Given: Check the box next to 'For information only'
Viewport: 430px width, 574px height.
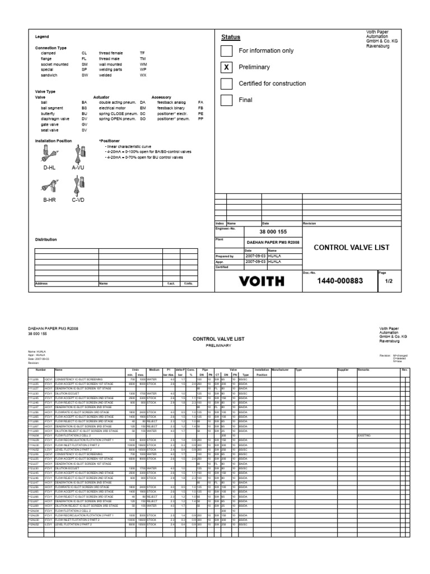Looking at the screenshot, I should pos(226,51).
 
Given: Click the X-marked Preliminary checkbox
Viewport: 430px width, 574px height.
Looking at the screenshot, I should pos(226,67).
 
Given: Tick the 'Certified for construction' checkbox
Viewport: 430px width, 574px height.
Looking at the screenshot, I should pos(226,84).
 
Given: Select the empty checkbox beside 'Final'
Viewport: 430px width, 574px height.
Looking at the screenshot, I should pos(226,100).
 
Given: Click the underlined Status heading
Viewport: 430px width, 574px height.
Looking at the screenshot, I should pos(230,37).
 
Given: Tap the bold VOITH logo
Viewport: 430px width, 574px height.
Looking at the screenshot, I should pos(258,281).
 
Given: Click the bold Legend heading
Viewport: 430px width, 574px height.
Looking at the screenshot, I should pos(42,37).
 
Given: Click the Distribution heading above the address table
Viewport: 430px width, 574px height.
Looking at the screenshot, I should pos(46,239).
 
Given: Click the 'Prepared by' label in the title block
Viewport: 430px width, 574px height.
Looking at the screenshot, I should pos(224,256).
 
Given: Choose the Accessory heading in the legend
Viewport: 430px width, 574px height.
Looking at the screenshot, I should pos(161,97).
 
